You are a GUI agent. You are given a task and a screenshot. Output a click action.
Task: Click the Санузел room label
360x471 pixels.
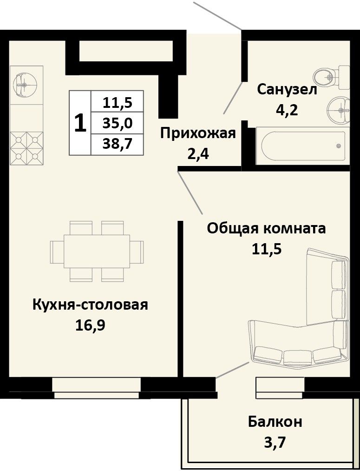click(x=287, y=90)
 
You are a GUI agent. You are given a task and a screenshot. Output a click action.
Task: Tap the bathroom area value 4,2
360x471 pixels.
click(x=287, y=110)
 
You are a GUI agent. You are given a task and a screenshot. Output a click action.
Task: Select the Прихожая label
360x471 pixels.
click(x=198, y=133)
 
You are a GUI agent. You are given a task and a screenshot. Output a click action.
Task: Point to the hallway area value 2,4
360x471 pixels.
click(x=198, y=154)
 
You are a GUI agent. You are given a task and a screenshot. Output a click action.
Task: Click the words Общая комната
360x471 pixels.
click(x=267, y=229)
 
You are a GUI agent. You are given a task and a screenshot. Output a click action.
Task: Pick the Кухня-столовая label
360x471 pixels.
click(x=90, y=305)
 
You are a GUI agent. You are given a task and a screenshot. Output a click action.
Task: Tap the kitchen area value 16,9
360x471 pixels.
click(x=90, y=325)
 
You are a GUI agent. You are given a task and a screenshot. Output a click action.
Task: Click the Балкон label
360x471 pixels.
click(x=275, y=422)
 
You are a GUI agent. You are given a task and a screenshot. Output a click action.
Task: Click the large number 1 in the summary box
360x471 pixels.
click(x=80, y=123)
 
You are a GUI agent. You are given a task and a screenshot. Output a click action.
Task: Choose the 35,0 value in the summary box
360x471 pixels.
click(x=118, y=123)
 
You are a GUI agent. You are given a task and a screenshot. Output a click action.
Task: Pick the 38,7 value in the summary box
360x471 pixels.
click(x=118, y=144)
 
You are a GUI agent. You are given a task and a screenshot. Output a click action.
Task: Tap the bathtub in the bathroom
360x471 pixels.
click(x=303, y=146)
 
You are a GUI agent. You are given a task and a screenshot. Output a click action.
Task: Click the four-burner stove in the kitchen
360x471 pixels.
click(x=26, y=148)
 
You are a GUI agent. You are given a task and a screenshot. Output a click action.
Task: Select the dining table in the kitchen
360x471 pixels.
click(x=97, y=252)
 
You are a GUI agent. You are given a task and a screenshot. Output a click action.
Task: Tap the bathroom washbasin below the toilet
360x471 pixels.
click(x=339, y=110)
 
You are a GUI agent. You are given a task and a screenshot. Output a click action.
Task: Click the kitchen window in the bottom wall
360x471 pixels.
click(x=97, y=388)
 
